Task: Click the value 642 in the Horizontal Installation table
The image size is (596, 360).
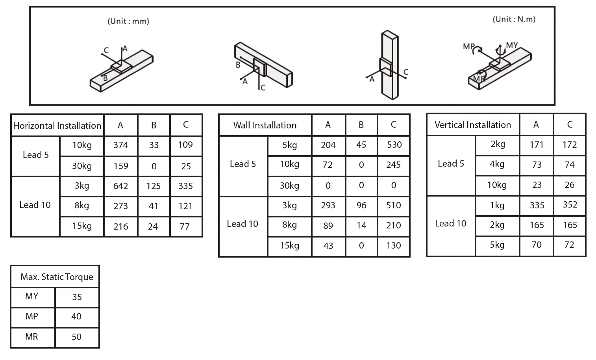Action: [120, 186]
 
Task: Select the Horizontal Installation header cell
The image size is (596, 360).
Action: [57, 126]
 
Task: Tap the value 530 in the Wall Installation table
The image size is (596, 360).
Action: [394, 145]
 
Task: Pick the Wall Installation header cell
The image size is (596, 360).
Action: [265, 125]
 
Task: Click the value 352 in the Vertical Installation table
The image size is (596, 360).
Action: [570, 205]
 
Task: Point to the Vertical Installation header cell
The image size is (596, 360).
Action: [473, 125]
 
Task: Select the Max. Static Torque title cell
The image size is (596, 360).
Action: [57, 277]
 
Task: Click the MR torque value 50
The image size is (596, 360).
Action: [77, 337]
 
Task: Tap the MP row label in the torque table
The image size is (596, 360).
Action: [32, 316]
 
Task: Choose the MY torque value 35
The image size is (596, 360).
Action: [77, 297]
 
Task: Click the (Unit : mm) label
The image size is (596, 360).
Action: [128, 21]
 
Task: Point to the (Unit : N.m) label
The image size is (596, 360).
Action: [514, 19]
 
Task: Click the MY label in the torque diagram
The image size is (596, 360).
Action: [512, 45]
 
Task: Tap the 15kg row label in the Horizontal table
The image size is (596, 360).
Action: [82, 226]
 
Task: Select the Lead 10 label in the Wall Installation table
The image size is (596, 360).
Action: [242, 224]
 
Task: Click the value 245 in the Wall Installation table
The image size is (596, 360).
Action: [393, 165]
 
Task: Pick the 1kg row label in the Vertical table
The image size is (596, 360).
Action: [497, 205]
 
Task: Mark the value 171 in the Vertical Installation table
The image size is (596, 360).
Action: [537, 145]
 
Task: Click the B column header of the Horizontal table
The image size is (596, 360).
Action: [154, 125]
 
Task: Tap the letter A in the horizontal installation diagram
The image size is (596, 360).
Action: [125, 49]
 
